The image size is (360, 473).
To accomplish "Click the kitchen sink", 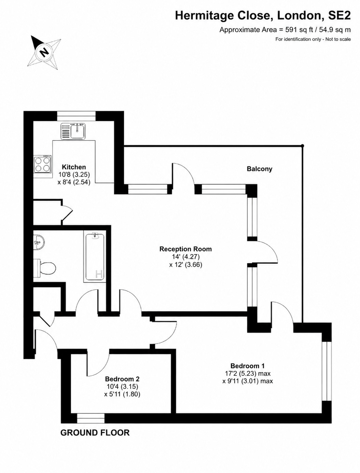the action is click(73, 131).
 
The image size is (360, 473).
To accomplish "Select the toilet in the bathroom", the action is click(45, 268).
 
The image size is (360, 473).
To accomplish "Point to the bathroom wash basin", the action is click(39, 242).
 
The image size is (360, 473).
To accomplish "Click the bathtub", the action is click(95, 257).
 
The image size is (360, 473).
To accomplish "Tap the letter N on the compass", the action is click(44, 52).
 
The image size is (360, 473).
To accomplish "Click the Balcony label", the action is click(259, 169).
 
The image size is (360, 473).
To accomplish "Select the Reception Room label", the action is click(185, 249).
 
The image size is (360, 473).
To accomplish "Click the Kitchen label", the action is click(74, 167).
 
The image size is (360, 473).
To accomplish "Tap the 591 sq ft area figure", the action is click(299, 30).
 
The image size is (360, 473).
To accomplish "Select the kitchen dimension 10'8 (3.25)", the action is click(74, 175).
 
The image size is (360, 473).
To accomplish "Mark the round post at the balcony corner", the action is click(303, 146).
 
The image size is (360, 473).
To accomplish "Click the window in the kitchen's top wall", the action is click(76, 116).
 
